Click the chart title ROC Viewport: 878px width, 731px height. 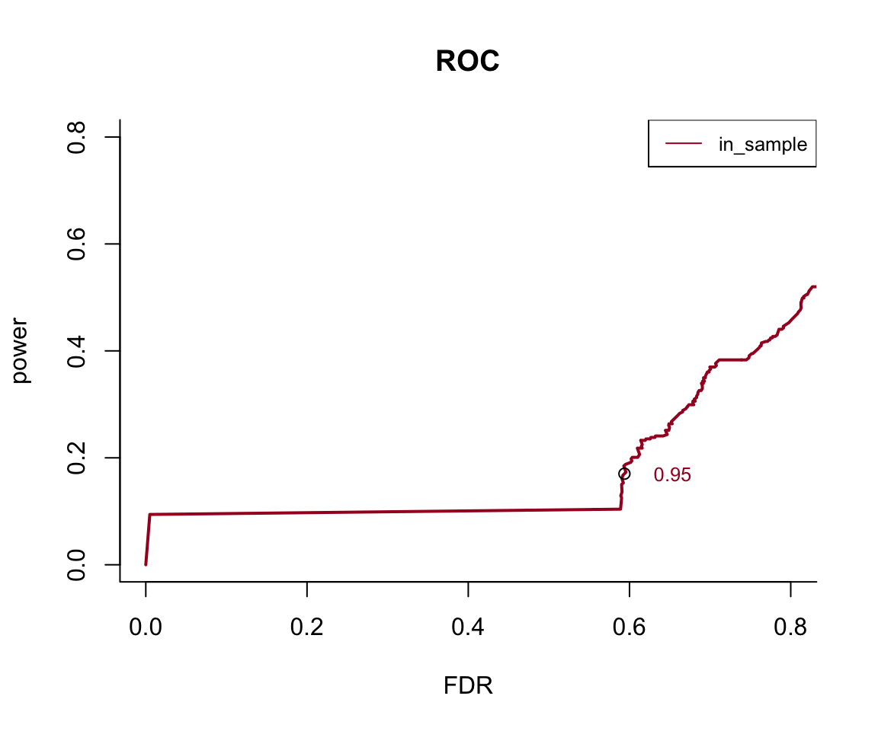pyautogui.click(x=467, y=62)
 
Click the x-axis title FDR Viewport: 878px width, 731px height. pyautogui.click(x=468, y=686)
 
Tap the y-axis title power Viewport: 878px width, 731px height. pyautogui.click(x=22, y=351)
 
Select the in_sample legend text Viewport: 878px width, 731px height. pyautogui.click(x=762, y=144)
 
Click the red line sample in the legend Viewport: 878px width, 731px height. pyautogui.click(x=684, y=143)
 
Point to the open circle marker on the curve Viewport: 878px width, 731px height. pyautogui.click(x=624, y=474)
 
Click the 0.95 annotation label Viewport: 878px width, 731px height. pyautogui.click(x=672, y=475)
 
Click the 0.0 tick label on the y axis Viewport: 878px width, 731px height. pyautogui.click(x=76, y=565)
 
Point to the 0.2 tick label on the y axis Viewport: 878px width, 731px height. pyautogui.click(x=76, y=458)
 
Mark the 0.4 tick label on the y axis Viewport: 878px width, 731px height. pyautogui.click(x=76, y=351)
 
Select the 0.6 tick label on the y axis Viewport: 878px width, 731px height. pyautogui.click(x=76, y=244)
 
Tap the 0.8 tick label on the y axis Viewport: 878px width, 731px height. pyautogui.click(x=76, y=137)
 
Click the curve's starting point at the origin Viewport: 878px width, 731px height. pyautogui.click(x=146, y=564)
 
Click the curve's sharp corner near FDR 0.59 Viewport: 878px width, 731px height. pyautogui.click(x=621, y=509)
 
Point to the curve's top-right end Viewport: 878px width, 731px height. pyautogui.click(x=815, y=286)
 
